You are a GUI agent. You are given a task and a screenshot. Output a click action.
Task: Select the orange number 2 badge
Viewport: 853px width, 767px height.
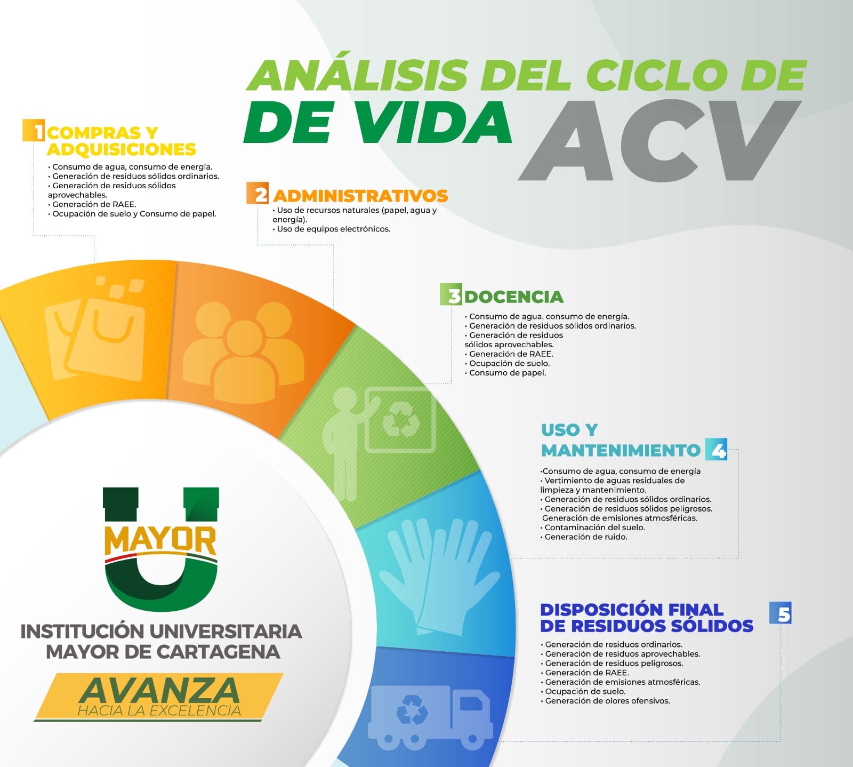[257, 193]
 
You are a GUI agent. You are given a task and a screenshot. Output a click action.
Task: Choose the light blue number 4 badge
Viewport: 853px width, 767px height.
[715, 449]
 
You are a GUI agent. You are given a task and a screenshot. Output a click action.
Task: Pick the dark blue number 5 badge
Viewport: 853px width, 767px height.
[780, 613]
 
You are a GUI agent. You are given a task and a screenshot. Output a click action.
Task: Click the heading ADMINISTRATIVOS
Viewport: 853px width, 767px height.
[360, 196]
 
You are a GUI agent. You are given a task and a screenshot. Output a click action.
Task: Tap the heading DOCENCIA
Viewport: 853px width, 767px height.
[514, 297]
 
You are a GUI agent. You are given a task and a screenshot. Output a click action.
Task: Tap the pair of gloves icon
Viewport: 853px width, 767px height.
[438, 576]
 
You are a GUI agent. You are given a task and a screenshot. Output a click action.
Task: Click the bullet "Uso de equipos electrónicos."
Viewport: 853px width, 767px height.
[332, 229]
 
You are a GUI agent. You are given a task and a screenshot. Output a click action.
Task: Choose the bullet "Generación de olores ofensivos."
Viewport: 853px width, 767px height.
[606, 701]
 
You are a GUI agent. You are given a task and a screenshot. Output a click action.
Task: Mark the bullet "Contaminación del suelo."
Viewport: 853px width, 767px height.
[593, 528]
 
